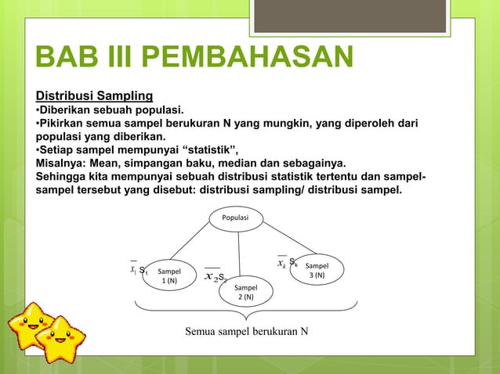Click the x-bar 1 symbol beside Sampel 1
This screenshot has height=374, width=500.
pyautogui.click(x=133, y=270)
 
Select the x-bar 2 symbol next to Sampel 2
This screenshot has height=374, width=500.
pyautogui.click(x=210, y=276)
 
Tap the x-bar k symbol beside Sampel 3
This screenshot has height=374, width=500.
pyautogui.click(x=281, y=263)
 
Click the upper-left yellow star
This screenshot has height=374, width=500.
pyautogui.click(x=31, y=323)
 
